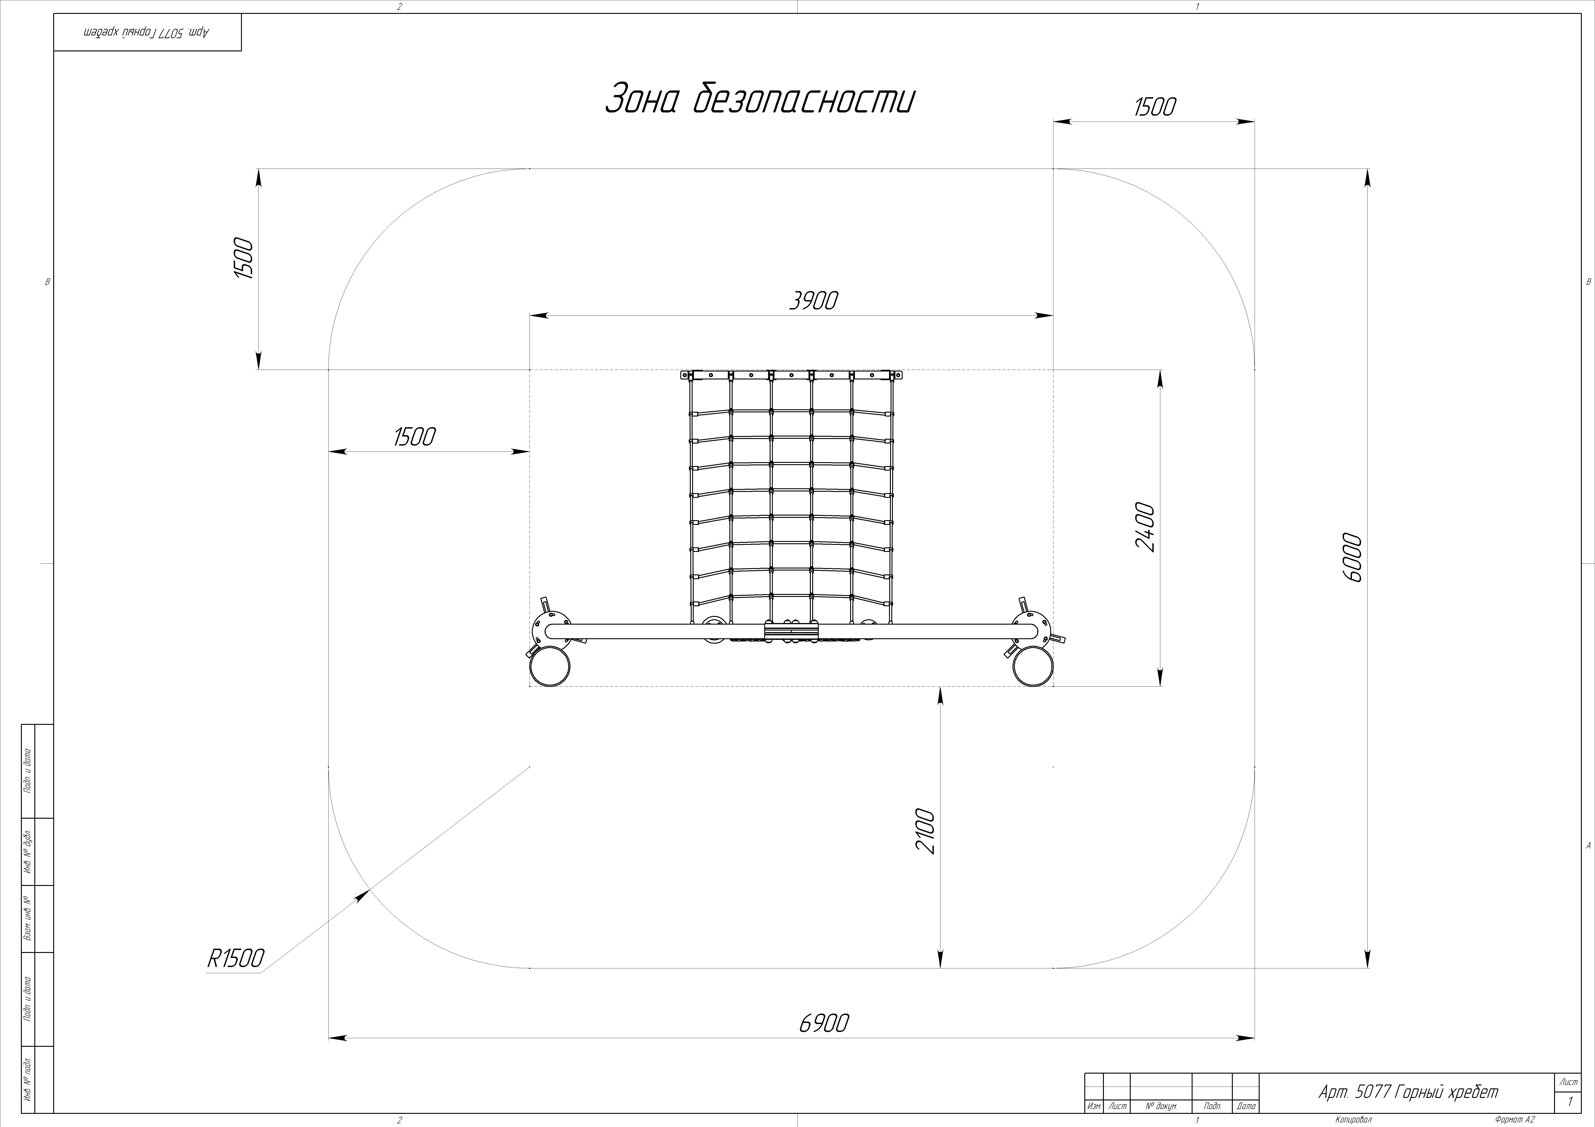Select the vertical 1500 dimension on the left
(244, 258)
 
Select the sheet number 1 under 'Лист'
(1569, 1101)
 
